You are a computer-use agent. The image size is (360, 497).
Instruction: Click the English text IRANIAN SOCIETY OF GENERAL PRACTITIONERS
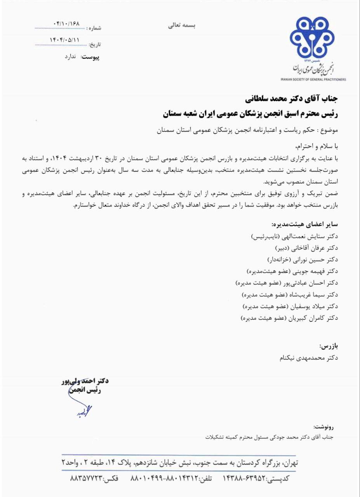click(x=313, y=79)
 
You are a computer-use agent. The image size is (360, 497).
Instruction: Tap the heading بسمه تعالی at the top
click(x=182, y=26)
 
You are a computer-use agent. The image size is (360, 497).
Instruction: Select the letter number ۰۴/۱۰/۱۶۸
click(x=67, y=24)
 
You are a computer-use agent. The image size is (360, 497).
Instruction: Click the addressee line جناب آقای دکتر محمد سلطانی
click(x=291, y=99)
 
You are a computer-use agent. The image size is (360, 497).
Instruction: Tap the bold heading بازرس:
click(x=328, y=346)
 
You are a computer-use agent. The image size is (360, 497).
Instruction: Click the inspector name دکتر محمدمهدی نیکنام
click(x=310, y=358)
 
